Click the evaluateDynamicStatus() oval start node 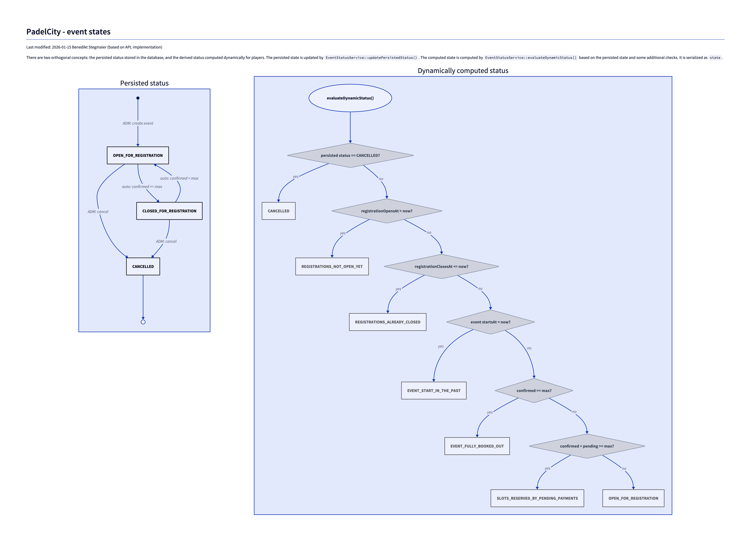pyautogui.click(x=350, y=98)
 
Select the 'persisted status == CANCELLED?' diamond pyautogui.click(x=350, y=155)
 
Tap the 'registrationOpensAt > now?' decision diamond pyautogui.click(x=386, y=211)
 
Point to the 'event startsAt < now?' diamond pyautogui.click(x=490, y=322)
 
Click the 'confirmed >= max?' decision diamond pyautogui.click(x=534, y=391)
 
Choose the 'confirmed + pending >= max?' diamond pyautogui.click(x=587, y=446)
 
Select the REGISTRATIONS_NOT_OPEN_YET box pyautogui.click(x=332, y=266)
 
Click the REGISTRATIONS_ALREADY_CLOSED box pyautogui.click(x=387, y=322)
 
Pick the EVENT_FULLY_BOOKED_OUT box pyautogui.click(x=477, y=446)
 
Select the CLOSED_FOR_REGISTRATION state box pyautogui.click(x=169, y=211)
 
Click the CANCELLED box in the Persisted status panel pyautogui.click(x=143, y=266)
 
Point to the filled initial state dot pyautogui.click(x=138, y=98)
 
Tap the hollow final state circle pyautogui.click(x=143, y=322)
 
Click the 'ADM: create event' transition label pyautogui.click(x=138, y=123)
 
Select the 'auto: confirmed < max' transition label pyautogui.click(x=179, y=178)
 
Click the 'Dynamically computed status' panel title pyautogui.click(x=463, y=71)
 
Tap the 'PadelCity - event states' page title pyautogui.click(x=68, y=32)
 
